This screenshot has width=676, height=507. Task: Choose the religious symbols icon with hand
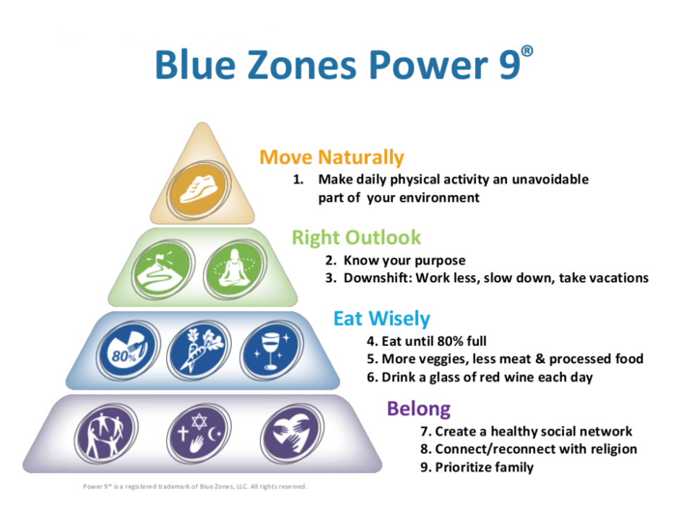point(193,432)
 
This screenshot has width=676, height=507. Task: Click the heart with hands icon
point(288,432)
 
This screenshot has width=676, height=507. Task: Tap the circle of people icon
point(100,432)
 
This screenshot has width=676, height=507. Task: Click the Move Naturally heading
point(331,157)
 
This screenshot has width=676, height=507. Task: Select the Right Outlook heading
point(356,238)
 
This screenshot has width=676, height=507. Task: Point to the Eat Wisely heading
point(381,319)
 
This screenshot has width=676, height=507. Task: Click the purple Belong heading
point(419,408)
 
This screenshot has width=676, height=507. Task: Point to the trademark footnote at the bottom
point(195,486)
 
